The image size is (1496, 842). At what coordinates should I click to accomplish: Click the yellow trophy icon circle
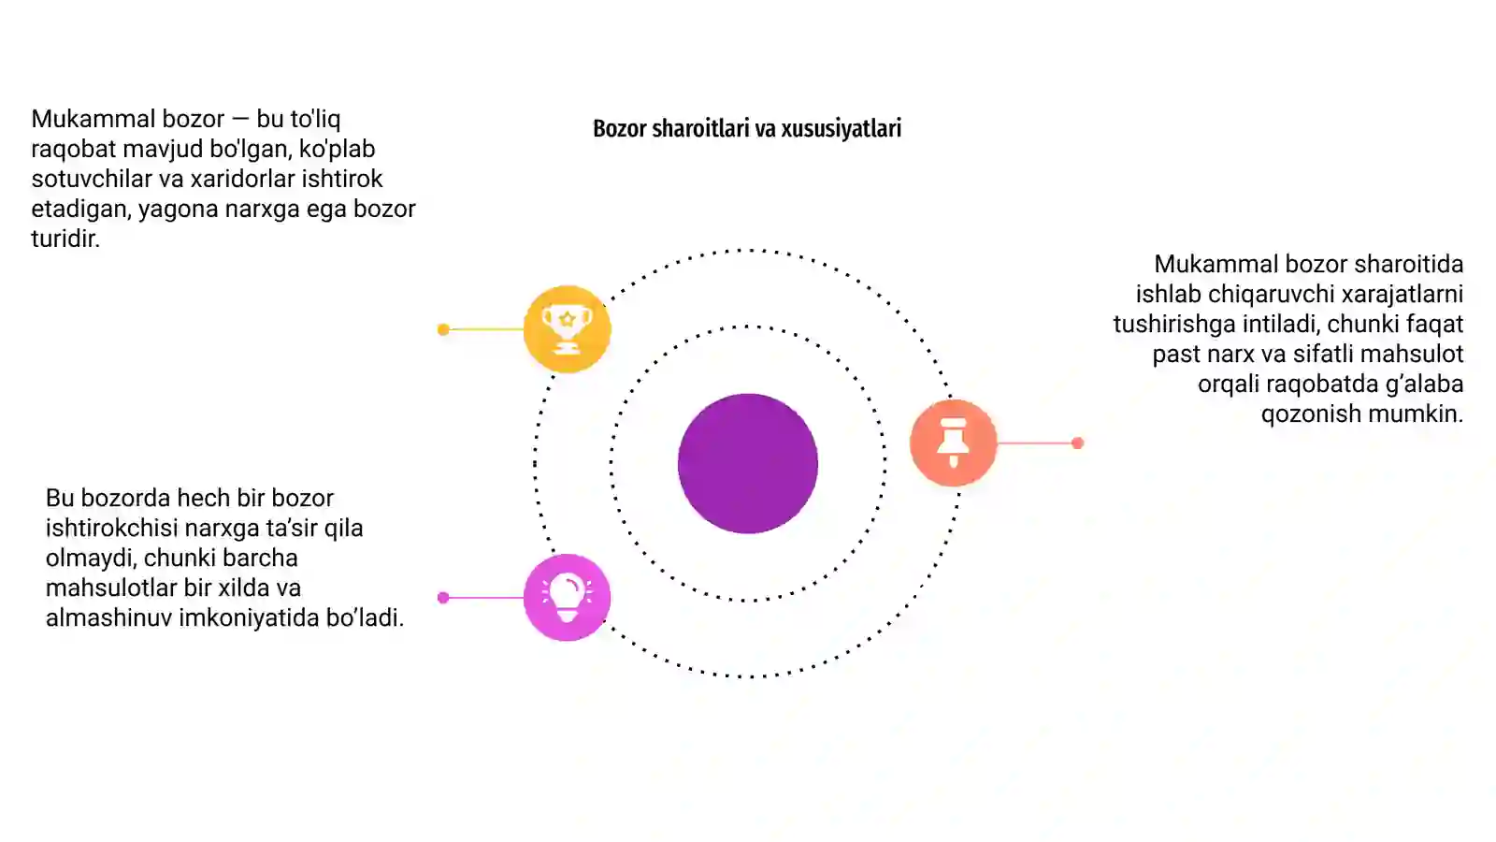(x=567, y=328)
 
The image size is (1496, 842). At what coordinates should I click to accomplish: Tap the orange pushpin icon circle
(x=953, y=443)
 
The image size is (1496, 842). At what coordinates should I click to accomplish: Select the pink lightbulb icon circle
(x=567, y=598)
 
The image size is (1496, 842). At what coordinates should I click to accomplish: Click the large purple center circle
(x=748, y=464)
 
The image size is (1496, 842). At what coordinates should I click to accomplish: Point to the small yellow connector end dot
(x=443, y=329)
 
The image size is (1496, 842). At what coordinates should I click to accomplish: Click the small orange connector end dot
(x=1077, y=443)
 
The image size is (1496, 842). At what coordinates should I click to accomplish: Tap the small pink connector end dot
(x=443, y=598)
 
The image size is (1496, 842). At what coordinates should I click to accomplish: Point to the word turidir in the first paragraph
(x=65, y=239)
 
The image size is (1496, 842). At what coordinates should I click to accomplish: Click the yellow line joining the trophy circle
(x=486, y=329)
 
